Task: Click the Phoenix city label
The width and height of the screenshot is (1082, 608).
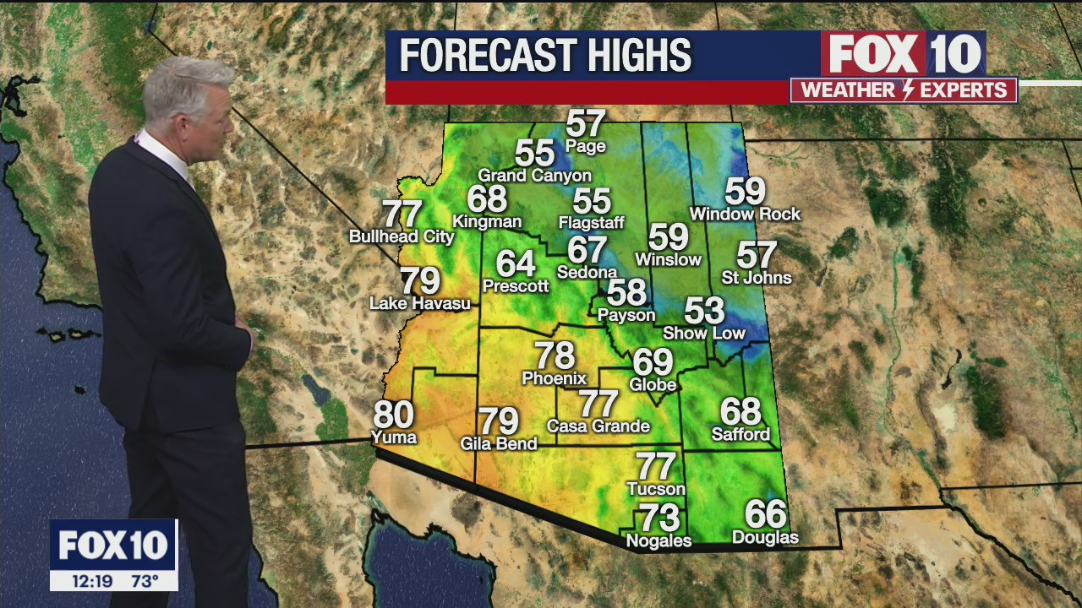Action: [x=555, y=378]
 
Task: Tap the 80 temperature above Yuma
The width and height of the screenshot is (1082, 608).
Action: [x=393, y=415]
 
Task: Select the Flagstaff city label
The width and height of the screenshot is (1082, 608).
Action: [x=592, y=223]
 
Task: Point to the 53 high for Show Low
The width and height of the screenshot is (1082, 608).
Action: [x=704, y=311]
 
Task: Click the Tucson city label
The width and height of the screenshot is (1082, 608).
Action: [x=656, y=489]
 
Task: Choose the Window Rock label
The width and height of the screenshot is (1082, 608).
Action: [x=745, y=214]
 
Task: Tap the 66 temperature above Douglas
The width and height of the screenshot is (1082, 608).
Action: [x=765, y=514]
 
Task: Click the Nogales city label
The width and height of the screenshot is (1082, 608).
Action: [x=658, y=540]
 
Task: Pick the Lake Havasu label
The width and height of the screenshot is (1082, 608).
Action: [x=420, y=303]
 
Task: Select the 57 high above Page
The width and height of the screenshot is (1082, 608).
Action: [x=586, y=124]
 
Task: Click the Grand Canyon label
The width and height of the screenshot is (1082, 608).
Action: [x=535, y=176]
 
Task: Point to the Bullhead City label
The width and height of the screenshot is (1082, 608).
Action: [x=402, y=236]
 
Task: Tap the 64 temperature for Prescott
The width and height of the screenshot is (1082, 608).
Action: [x=516, y=263]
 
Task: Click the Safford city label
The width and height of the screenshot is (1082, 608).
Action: [x=741, y=435]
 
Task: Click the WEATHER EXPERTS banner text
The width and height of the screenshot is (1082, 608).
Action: [x=904, y=90]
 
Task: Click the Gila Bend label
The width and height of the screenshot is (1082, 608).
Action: [x=499, y=443]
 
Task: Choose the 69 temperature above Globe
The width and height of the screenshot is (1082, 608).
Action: [x=653, y=362]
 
